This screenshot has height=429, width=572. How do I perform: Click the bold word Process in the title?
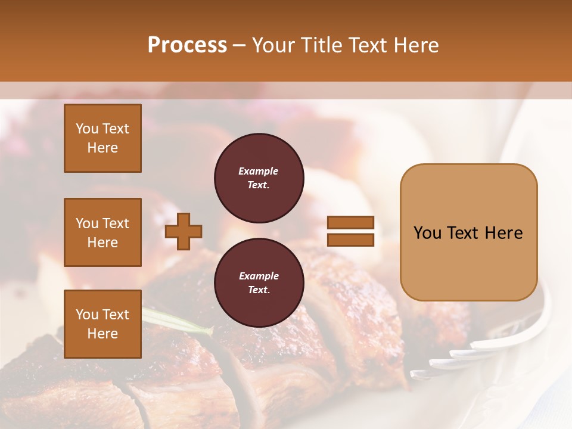[x=187, y=45]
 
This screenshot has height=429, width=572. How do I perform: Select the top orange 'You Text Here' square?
[x=102, y=138]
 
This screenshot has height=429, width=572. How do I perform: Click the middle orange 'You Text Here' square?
[x=102, y=232]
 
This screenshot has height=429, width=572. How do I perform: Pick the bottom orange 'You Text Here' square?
[x=102, y=324]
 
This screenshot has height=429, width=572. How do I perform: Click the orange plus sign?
[x=184, y=232]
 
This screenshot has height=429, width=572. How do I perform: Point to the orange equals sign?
[x=350, y=232]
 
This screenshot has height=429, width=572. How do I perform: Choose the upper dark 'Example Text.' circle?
[x=259, y=178]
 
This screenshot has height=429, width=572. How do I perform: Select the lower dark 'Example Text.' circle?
[x=259, y=283]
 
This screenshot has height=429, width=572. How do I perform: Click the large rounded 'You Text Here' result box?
[x=468, y=232]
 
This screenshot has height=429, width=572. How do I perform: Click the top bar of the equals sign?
[x=350, y=223]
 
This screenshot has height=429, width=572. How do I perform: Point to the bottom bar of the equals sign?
[x=350, y=240]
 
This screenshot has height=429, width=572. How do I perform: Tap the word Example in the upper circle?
[x=259, y=172]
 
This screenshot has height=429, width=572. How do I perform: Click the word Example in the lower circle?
[x=259, y=276]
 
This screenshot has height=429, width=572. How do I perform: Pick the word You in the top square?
[x=87, y=129]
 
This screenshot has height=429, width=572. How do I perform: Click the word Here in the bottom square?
[x=102, y=334]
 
